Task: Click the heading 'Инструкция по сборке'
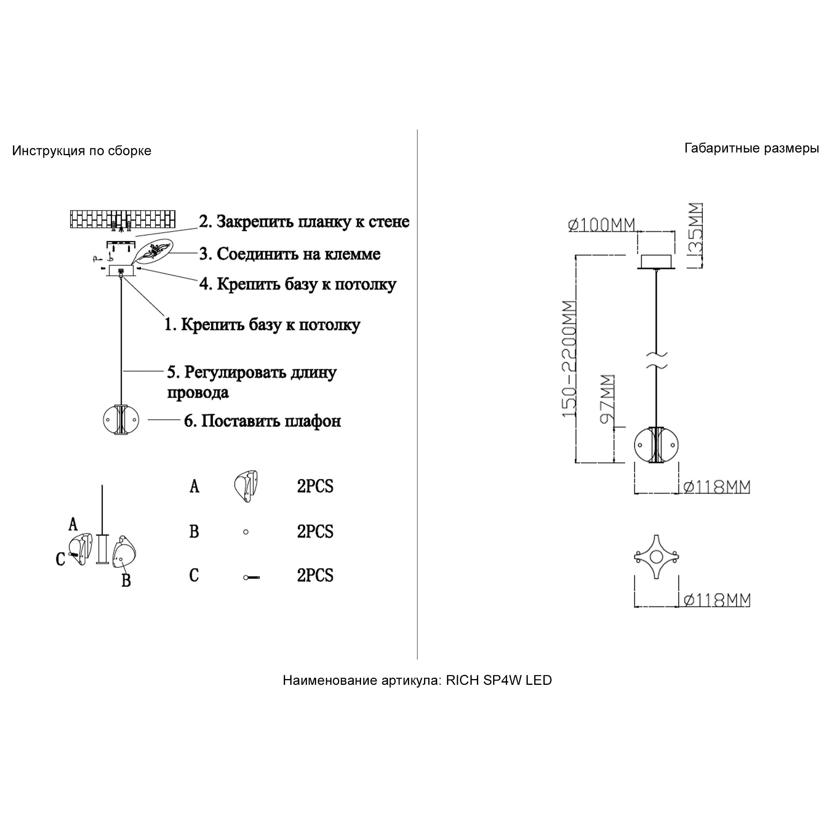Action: [x=82, y=151]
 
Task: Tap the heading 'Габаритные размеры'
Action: [x=752, y=149]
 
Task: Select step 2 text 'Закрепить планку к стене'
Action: [x=313, y=222]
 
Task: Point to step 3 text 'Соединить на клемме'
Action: [x=299, y=254]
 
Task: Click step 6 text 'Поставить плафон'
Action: [x=271, y=421]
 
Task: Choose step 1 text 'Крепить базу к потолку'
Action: [x=270, y=325]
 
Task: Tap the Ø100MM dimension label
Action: [x=601, y=225]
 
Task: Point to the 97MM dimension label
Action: [x=608, y=400]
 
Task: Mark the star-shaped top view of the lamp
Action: [x=656, y=557]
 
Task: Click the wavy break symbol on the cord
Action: [x=656, y=360]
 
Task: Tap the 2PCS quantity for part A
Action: [x=315, y=486]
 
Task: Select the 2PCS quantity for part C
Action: [x=315, y=575]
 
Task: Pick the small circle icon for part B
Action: [x=246, y=532]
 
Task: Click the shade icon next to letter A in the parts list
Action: [x=246, y=486]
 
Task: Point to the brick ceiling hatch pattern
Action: [x=123, y=220]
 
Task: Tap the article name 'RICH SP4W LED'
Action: [x=499, y=680]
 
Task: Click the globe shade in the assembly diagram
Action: [x=121, y=419]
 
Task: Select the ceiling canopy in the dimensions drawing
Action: [x=656, y=262]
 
